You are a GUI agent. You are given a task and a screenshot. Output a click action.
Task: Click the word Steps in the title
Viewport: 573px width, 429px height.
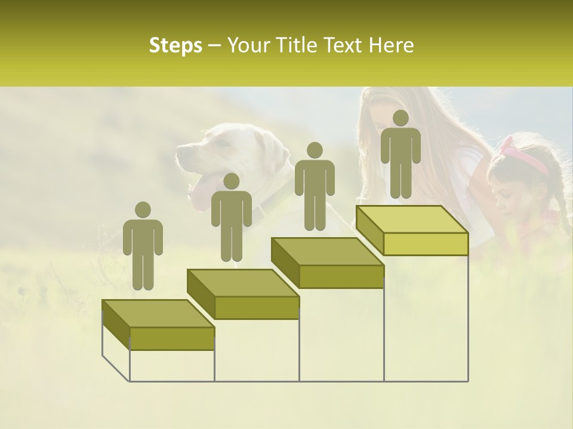(x=175, y=45)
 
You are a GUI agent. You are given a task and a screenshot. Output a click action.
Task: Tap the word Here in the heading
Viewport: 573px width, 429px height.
(x=391, y=45)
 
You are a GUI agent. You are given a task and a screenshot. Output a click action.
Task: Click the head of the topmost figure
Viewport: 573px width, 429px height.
(x=401, y=118)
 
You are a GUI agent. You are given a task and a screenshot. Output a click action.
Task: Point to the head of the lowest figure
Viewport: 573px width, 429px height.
(x=143, y=210)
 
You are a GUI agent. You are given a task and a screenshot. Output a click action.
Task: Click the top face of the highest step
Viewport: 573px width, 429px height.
(x=412, y=219)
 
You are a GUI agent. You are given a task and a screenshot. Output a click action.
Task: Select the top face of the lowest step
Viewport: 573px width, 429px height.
(x=158, y=313)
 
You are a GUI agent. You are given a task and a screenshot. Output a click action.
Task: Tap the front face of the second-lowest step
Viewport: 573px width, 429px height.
(x=257, y=307)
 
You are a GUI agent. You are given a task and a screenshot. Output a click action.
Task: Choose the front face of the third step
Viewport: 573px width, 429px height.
(x=341, y=276)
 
